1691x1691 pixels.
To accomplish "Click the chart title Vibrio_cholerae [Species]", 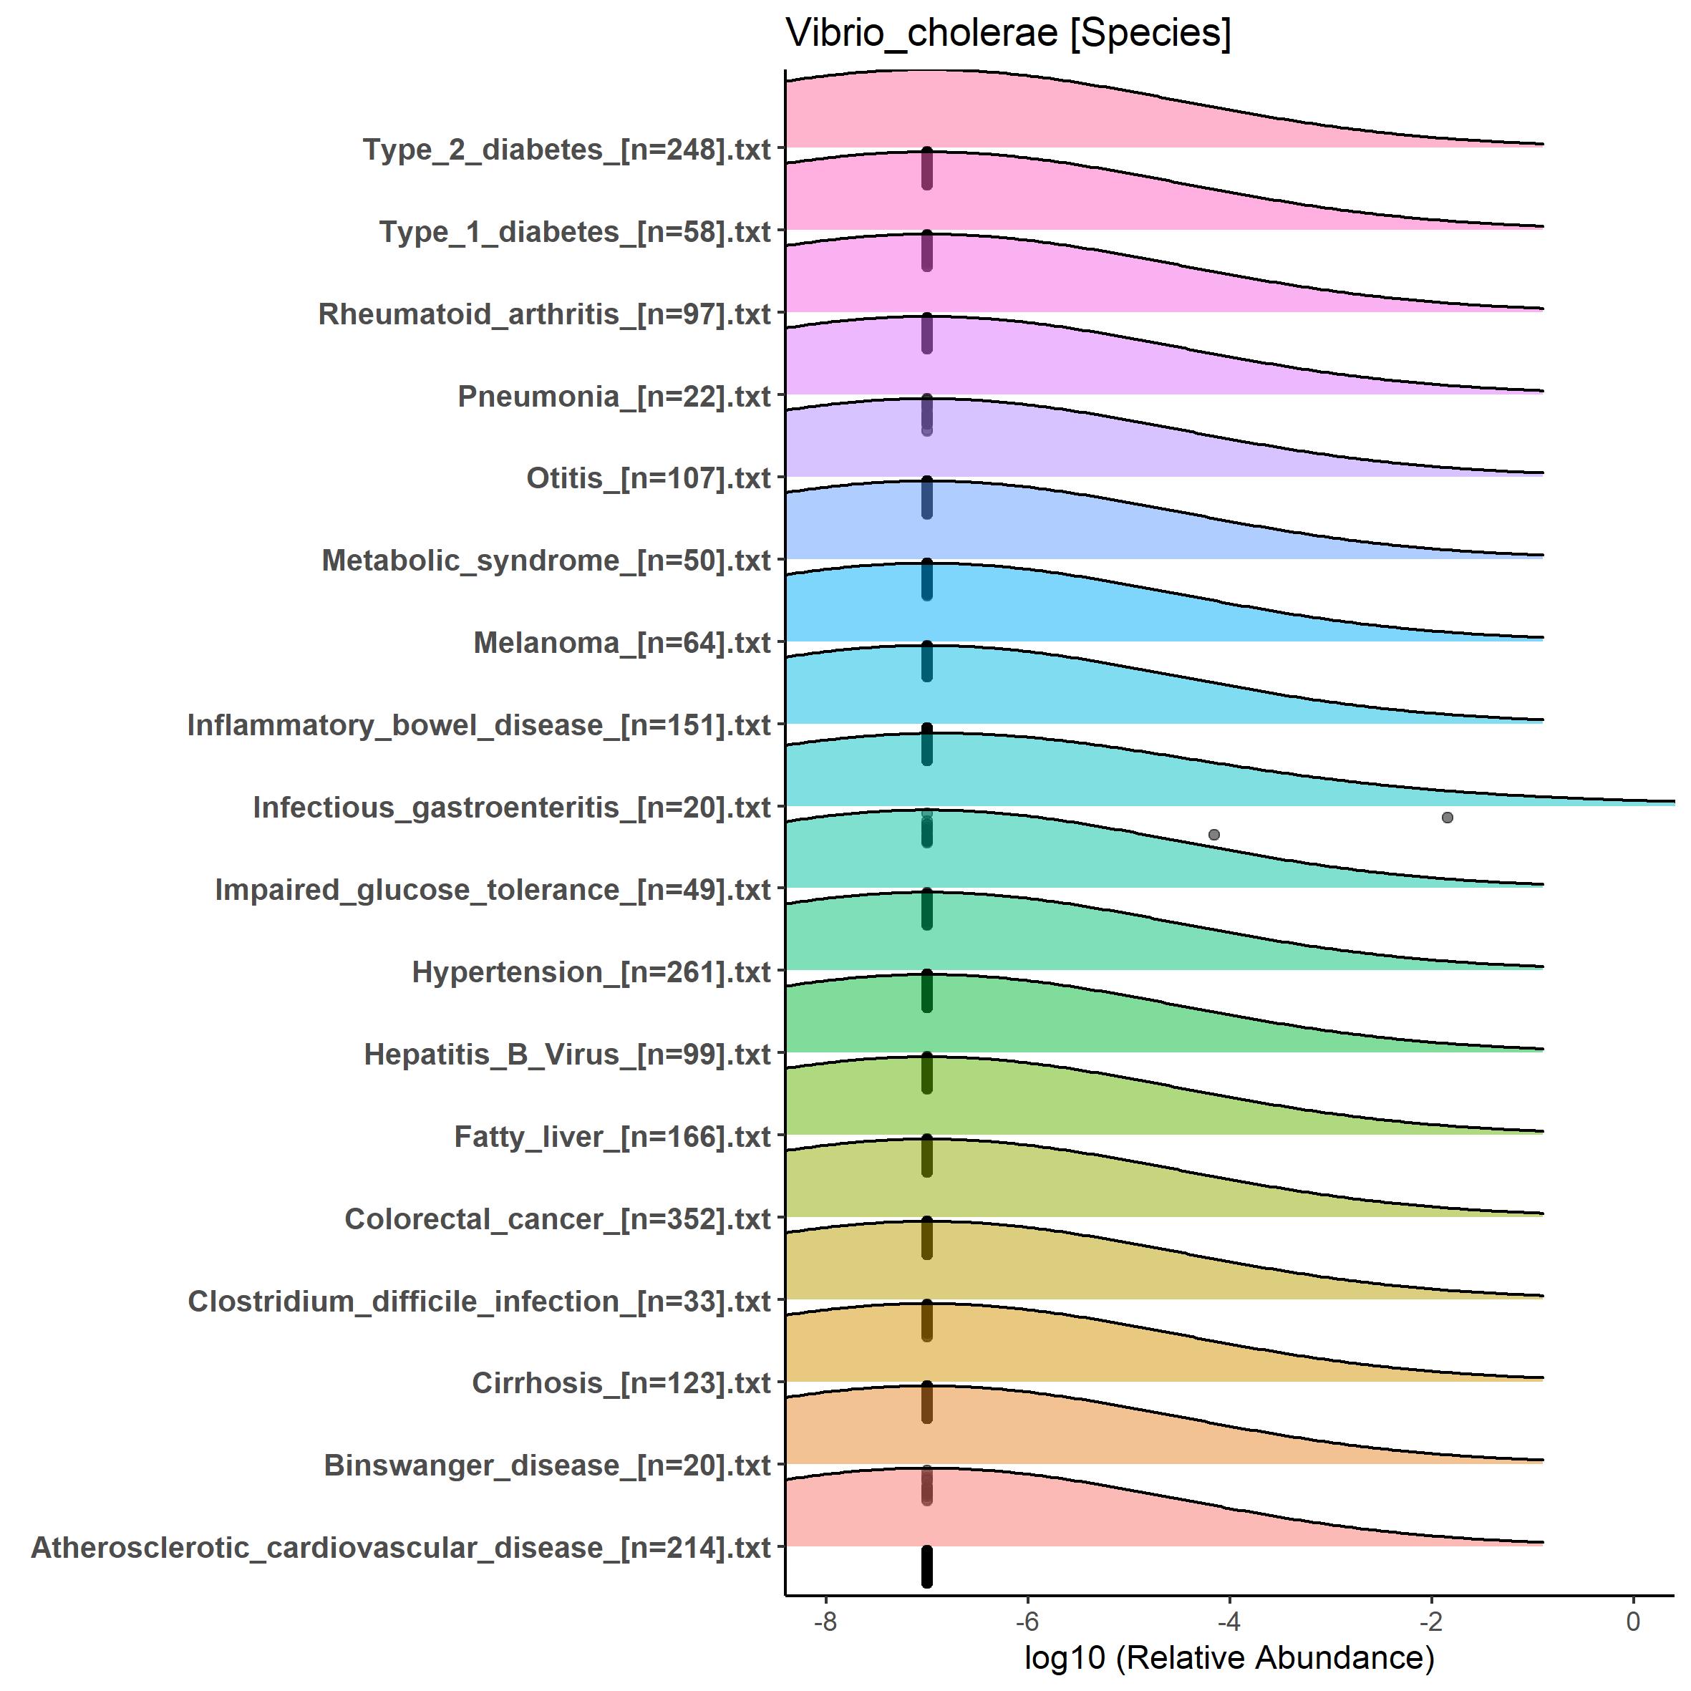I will pos(1008,35).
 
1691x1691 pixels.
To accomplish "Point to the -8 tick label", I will pos(825,1622).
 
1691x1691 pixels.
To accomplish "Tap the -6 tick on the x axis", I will pos(1027,1622).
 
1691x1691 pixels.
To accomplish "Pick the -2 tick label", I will pos(1430,1622).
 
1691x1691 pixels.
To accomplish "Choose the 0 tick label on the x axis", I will pos(1632,1622).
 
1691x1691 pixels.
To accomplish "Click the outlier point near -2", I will pos(1447,818).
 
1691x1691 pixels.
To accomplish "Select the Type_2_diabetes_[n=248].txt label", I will pos(566,150).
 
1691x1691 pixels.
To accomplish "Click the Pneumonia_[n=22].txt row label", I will pos(614,397).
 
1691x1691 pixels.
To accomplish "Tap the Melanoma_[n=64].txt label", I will pos(621,644).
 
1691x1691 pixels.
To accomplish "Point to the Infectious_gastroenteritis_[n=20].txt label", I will pos(511,808).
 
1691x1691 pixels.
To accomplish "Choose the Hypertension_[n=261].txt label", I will pos(591,972).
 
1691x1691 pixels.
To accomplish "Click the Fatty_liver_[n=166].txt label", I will pos(612,1137).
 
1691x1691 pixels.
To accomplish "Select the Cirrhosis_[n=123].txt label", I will pos(621,1383).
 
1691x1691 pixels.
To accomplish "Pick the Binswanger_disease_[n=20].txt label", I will pos(547,1465).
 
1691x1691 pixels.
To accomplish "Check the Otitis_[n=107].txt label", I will pos(648,479).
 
